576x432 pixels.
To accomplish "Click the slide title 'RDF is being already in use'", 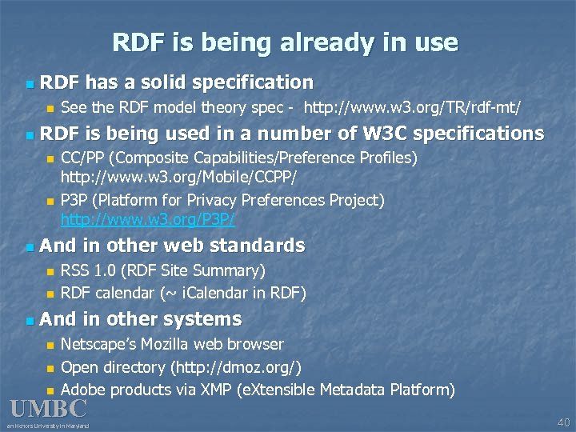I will coord(285,42).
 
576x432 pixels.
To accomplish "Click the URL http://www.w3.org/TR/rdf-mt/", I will coord(413,107).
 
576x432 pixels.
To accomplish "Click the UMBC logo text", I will coord(48,409).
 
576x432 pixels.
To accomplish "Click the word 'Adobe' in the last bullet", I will coord(83,390).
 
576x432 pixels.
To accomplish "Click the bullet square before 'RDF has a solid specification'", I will coord(30,83).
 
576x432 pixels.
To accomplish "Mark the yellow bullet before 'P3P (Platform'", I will coord(50,200).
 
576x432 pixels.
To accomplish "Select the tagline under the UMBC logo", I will coord(49,426).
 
